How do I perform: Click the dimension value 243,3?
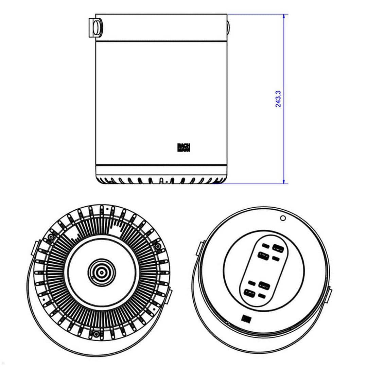pos(278,99)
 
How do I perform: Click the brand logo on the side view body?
pos(184,147)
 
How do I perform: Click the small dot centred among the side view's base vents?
pos(166,182)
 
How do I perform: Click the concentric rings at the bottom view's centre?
pos(101,272)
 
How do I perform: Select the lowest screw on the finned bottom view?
pos(97,334)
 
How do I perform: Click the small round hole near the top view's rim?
pos(283,218)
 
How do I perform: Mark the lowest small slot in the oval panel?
pos(262,296)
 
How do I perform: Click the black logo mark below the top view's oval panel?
pos(246,318)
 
